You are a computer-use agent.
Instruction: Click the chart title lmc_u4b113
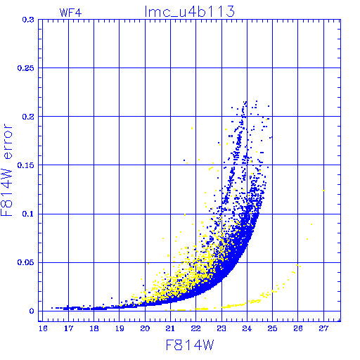point(190,11)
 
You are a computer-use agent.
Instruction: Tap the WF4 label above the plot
point(70,13)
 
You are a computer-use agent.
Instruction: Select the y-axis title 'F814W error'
point(6,170)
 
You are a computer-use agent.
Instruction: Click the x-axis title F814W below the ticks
point(190,345)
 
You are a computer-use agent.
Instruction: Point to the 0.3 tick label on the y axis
point(28,20)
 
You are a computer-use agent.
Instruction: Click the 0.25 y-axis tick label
point(26,68)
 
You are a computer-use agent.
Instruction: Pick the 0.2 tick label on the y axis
point(28,117)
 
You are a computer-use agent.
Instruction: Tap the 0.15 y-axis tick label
point(26,165)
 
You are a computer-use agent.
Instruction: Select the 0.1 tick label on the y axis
point(28,214)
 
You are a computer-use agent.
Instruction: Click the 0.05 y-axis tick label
point(26,262)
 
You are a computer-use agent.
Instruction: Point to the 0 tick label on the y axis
point(32,311)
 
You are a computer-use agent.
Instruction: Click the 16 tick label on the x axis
point(43,328)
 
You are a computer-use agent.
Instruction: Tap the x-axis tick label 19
point(120,328)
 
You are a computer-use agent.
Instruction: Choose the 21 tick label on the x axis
point(170,328)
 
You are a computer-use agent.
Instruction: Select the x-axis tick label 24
point(247,328)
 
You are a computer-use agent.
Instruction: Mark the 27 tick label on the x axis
point(323,328)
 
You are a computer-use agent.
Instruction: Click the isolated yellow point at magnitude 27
point(324,191)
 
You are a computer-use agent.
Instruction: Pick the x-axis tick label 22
point(196,328)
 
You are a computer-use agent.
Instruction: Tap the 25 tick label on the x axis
point(272,328)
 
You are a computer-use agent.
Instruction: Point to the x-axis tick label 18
point(94,328)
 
